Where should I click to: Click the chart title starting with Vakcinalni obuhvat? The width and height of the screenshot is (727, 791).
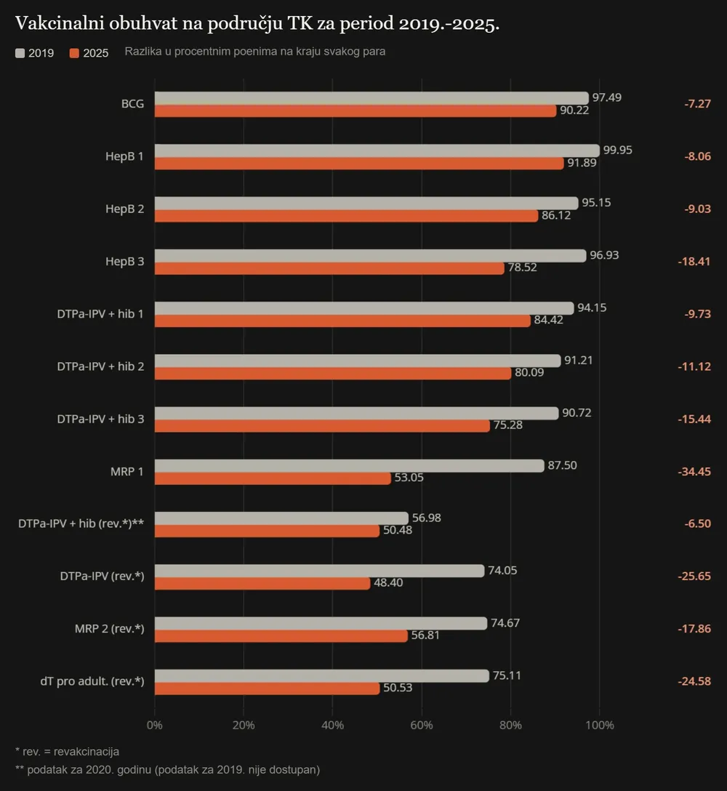coord(257,23)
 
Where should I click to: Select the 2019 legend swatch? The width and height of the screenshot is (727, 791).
coord(20,53)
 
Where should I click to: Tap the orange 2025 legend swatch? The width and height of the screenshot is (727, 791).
coord(74,53)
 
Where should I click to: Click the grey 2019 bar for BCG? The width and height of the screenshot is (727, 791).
coord(371,98)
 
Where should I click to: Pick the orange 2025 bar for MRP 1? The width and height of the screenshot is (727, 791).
coord(273,478)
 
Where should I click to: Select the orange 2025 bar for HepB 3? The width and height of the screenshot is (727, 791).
coord(329,268)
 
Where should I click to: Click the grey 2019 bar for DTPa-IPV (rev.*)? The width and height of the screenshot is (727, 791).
coord(319,571)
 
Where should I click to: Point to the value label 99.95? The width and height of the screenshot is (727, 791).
coord(617,150)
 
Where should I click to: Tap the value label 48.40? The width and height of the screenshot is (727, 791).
coord(388,582)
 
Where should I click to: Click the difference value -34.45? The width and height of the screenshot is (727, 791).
coord(694,472)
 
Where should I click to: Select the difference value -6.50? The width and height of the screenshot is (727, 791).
coord(698,523)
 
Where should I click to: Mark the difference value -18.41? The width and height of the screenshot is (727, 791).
coord(694,261)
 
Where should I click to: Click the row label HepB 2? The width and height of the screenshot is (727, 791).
coord(124,209)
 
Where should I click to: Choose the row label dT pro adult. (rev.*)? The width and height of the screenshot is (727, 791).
coord(92,681)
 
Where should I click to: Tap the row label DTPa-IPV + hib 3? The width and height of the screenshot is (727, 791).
coord(100,419)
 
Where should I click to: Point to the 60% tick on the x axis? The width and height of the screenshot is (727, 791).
coord(422,725)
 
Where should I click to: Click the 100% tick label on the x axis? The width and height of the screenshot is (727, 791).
coord(600,725)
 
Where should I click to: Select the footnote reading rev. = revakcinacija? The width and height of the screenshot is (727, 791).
coord(67,752)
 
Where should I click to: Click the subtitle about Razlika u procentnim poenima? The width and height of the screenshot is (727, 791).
coord(254,52)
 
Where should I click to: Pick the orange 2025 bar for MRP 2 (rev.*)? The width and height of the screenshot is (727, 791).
coord(281,635)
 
